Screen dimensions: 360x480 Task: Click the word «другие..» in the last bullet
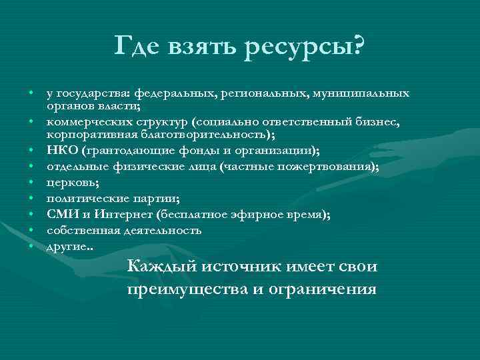pos(70,247)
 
